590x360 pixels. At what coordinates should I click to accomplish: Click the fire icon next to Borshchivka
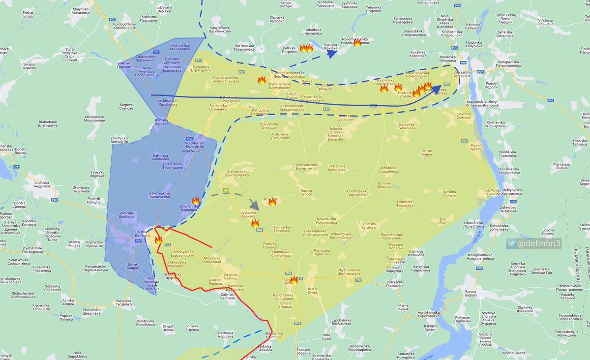point(195,201)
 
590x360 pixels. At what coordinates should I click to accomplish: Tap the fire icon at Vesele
point(294,280)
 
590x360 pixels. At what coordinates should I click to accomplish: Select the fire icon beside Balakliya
point(158,240)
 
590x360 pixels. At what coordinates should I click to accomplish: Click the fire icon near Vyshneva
point(255,224)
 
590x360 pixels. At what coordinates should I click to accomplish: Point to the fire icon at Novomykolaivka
point(357,42)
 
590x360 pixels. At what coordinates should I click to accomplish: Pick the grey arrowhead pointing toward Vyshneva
point(254,204)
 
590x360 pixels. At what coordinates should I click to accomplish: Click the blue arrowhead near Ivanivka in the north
point(331,54)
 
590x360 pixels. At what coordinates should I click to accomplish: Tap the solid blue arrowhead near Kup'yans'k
point(437,90)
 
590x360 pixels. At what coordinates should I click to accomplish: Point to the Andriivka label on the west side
point(42,184)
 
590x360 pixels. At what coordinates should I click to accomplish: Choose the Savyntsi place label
point(231,276)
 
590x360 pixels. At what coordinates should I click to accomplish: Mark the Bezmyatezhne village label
point(306,167)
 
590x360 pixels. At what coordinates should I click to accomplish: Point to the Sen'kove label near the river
point(492,192)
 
